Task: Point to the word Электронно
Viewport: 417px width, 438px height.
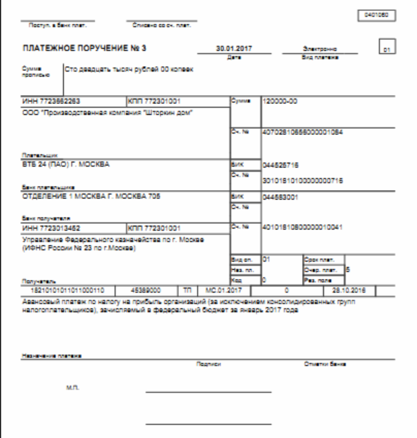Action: click(319, 50)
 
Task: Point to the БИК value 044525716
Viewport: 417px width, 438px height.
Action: click(283, 165)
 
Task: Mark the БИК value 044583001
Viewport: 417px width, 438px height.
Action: click(283, 196)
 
